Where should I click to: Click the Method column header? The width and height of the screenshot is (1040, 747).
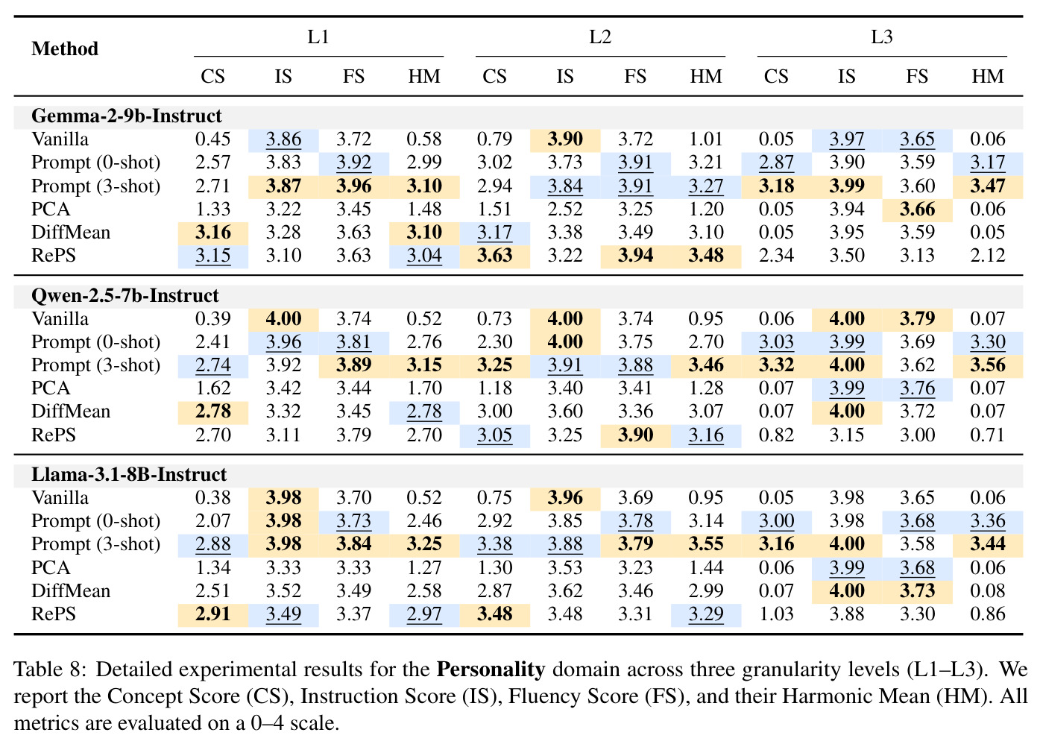65,48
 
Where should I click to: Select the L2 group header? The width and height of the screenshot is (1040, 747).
600,37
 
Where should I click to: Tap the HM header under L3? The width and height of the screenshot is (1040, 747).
988,76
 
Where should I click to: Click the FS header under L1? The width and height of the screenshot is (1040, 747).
353,76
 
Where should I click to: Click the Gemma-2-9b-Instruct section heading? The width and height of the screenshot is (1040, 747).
126,116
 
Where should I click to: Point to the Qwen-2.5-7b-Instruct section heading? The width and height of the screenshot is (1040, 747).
125,296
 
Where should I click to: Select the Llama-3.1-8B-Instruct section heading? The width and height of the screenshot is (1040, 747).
129,474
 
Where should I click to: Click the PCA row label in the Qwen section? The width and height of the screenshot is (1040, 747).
51,388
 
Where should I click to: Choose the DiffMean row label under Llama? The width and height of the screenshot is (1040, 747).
71,591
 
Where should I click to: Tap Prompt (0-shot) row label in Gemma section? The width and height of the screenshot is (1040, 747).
95,163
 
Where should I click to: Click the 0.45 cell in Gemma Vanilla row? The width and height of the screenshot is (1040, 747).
212,139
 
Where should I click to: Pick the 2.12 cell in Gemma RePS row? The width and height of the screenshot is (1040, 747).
988,256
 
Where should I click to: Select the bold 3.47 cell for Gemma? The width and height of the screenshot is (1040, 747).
988,186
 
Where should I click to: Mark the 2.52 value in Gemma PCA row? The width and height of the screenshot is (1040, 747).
564,209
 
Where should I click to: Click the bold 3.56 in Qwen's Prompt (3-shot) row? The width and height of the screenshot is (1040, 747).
988,365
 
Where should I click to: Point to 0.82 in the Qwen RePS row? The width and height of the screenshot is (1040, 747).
776,435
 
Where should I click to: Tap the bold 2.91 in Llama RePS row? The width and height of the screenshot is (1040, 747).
212,614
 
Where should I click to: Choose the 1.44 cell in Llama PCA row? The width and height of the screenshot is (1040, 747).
706,568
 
